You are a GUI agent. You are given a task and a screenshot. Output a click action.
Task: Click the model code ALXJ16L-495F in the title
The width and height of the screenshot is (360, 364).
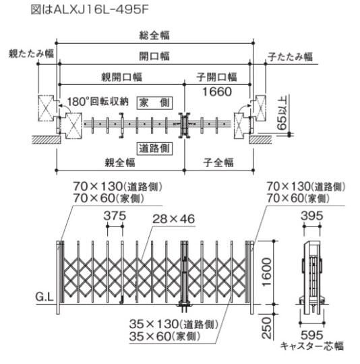[x=101, y=9]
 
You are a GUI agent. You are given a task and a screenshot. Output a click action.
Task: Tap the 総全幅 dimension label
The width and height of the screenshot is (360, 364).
[x=154, y=35]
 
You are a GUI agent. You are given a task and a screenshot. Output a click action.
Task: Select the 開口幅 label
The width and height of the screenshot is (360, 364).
[x=154, y=56]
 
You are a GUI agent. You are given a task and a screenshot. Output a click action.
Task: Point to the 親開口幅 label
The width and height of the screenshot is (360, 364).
[x=121, y=77]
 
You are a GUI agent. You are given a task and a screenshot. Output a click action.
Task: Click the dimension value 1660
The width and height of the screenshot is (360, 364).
[x=217, y=92]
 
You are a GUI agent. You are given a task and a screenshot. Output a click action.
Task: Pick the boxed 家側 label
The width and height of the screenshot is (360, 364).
[x=154, y=102]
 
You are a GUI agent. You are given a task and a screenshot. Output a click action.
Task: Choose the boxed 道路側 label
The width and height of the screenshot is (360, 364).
[x=154, y=148]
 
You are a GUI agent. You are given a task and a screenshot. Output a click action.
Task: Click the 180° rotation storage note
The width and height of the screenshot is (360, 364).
[x=98, y=102]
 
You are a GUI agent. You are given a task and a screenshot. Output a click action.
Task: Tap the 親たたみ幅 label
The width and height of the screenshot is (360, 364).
[x=31, y=54]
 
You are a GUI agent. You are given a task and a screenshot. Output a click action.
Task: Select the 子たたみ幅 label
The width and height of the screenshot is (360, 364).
[x=290, y=57]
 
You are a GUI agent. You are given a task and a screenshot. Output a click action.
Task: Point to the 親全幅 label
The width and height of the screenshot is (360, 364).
[x=120, y=162]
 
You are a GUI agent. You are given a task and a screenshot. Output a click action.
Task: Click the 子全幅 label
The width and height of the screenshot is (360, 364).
[x=218, y=162]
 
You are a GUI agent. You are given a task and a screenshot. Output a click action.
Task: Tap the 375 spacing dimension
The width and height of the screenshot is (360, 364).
[x=115, y=216]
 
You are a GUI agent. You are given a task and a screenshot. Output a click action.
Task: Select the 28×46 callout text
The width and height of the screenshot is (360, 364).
[x=174, y=219]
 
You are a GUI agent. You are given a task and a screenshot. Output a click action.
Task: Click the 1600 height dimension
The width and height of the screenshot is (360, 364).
[x=266, y=272]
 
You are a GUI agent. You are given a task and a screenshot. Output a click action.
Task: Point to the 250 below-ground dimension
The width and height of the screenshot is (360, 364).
[x=266, y=328]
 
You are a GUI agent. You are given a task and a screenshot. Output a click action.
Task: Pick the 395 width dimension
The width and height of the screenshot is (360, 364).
[x=311, y=216]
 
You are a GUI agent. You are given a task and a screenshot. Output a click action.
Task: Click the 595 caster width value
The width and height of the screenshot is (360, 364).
[x=311, y=335]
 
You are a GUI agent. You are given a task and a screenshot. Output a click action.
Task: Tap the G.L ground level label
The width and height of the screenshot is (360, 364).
[x=44, y=297]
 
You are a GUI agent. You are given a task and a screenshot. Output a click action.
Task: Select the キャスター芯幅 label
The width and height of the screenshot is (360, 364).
[x=311, y=346]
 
